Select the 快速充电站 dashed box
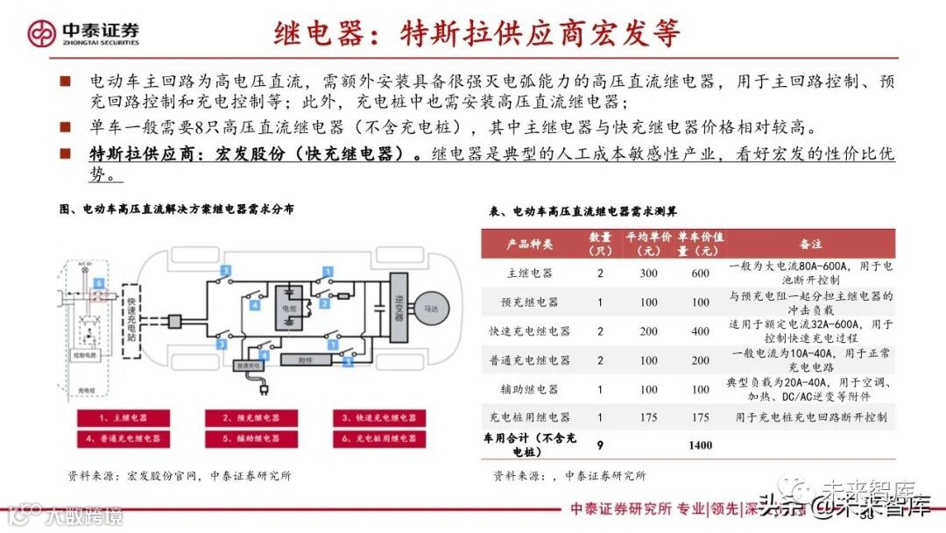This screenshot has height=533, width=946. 131,316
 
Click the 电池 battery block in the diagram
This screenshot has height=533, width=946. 288,309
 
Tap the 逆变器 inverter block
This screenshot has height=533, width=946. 399,309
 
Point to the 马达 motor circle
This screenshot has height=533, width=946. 434,309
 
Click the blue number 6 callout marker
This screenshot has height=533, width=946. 99,282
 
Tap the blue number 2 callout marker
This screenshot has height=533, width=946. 323,303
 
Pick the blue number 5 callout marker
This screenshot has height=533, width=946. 347,359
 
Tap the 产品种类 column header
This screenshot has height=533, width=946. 530,243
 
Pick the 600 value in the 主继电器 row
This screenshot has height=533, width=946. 700,273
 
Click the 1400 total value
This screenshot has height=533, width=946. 700,445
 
